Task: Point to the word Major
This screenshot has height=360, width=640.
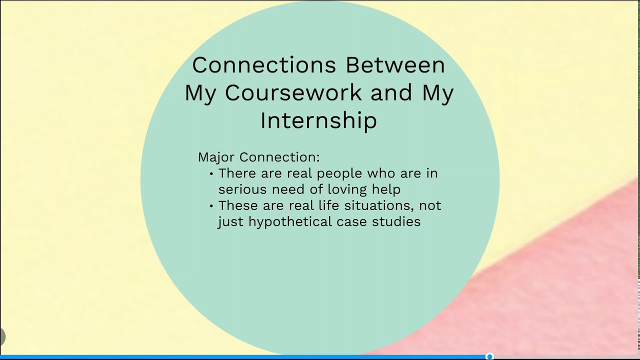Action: [x=216, y=157]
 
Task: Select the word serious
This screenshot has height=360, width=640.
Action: [x=242, y=189]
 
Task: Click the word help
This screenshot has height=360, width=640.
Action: [x=386, y=189]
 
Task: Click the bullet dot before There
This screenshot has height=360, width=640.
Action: [x=212, y=174]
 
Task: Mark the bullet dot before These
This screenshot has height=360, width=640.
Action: [x=212, y=206]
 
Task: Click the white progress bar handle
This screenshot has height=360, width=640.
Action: [x=490, y=356]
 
